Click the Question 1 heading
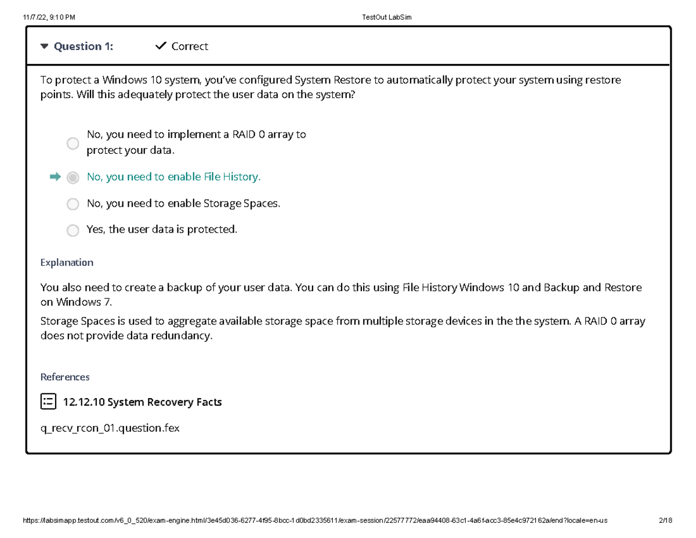point(83,46)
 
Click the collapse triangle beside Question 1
point(45,46)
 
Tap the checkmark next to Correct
point(161,46)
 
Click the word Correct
point(190,46)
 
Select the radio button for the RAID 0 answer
point(72,143)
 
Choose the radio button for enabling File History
point(72,178)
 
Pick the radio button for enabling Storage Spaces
point(72,204)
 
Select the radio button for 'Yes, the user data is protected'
point(72,230)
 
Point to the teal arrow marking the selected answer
point(55,177)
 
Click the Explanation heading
point(67,262)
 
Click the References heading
point(65,377)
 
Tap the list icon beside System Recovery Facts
point(48,401)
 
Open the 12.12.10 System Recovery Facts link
point(142,402)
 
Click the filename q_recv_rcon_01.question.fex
point(110,428)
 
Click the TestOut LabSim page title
point(386,17)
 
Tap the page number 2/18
point(665,521)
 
